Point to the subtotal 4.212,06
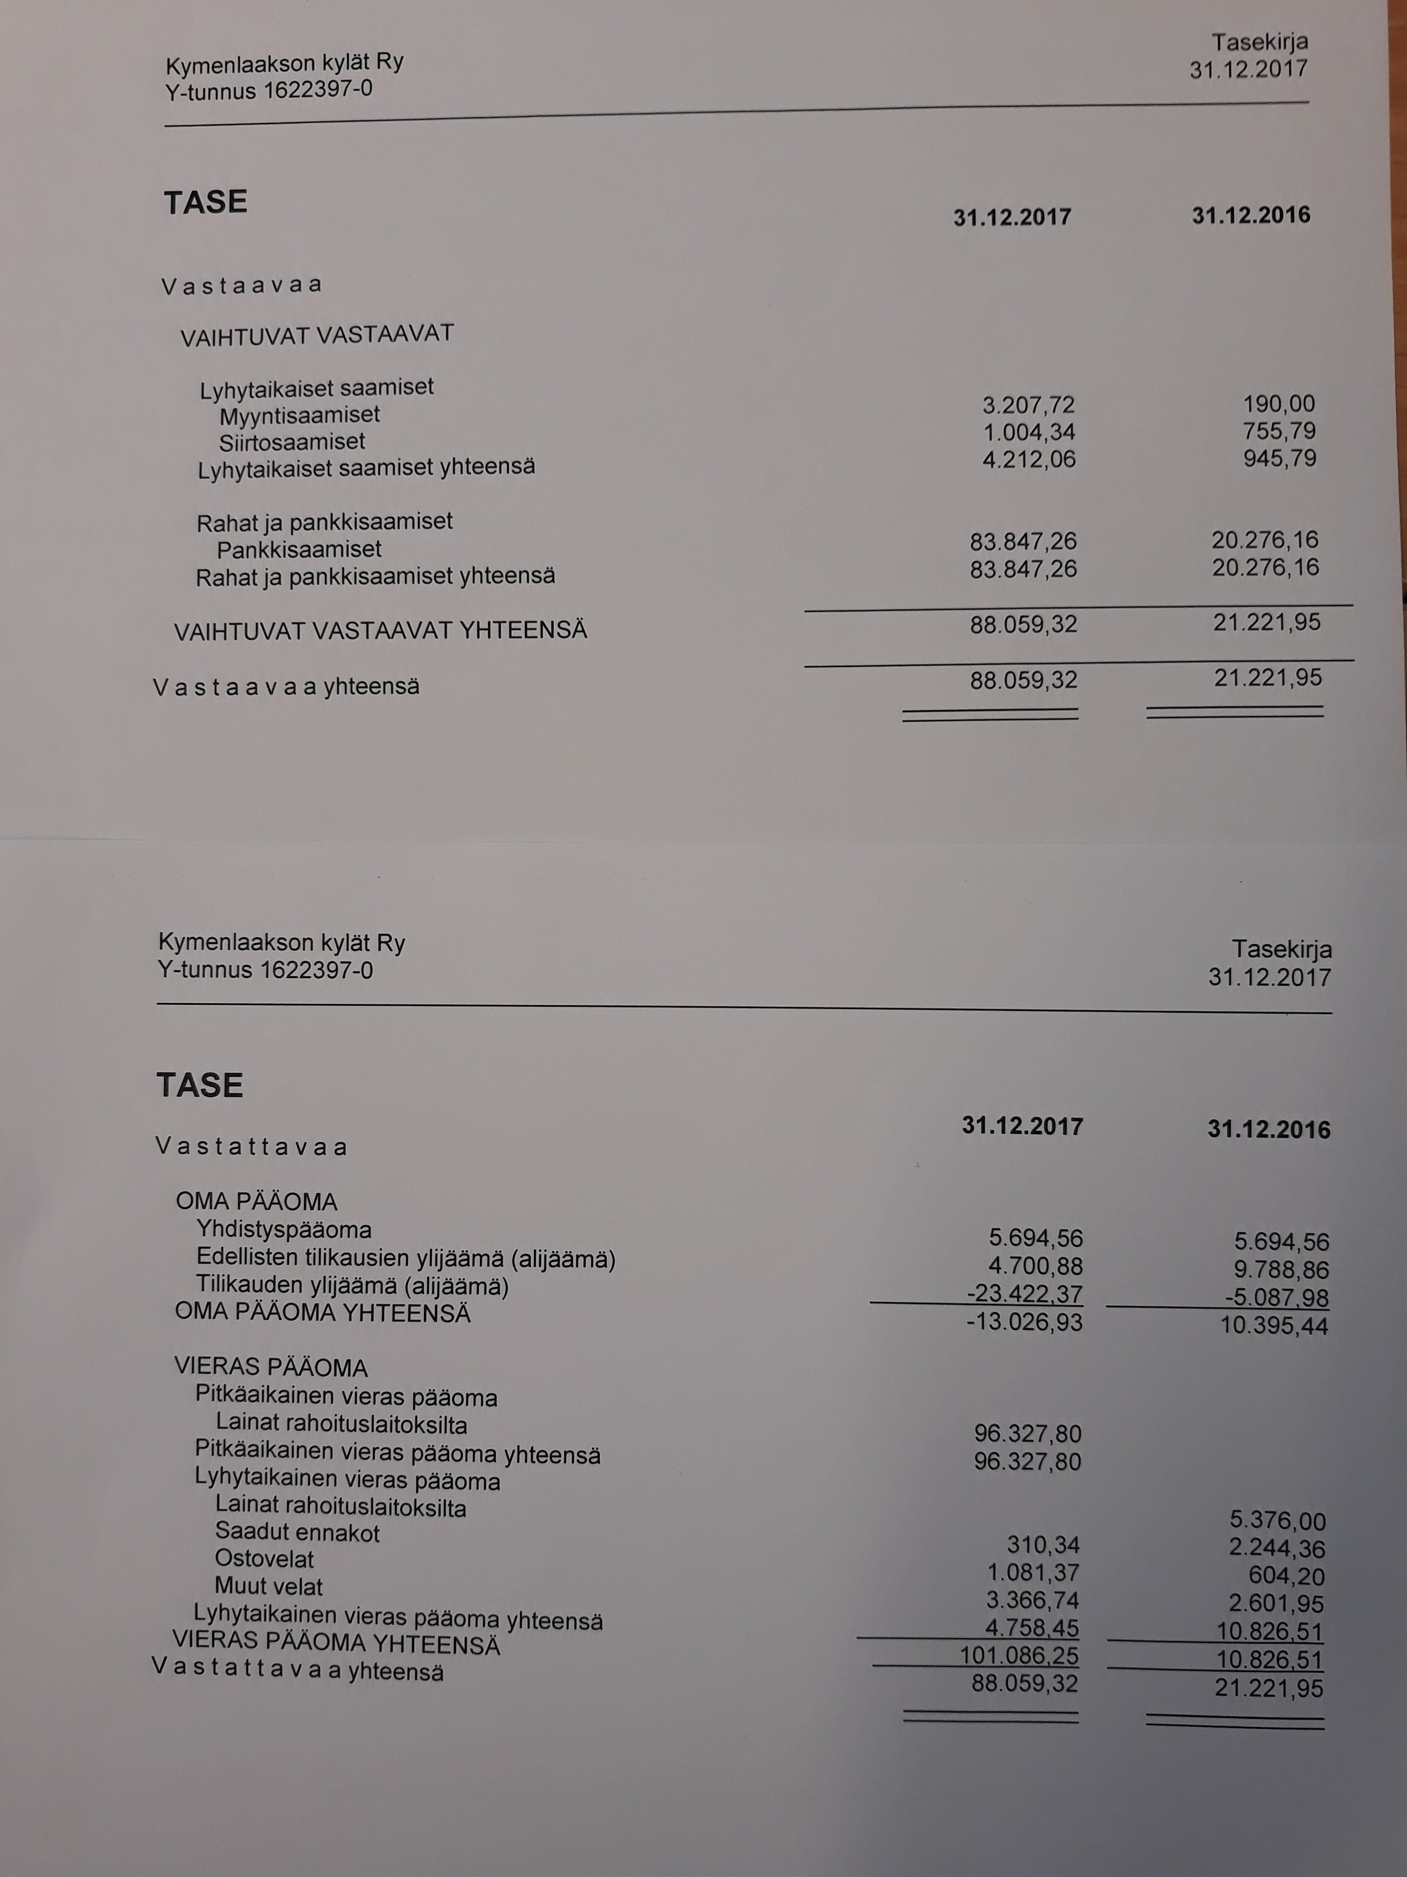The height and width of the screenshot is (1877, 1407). coord(1028,459)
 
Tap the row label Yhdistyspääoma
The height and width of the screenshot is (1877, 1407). coord(283,1230)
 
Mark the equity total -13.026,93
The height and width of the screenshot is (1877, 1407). coord(1024,1322)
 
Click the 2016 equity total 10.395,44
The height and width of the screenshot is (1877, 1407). coord(1274,1325)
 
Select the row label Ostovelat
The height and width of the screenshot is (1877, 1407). coord(264,1560)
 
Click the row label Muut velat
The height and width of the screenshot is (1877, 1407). coord(268,1586)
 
